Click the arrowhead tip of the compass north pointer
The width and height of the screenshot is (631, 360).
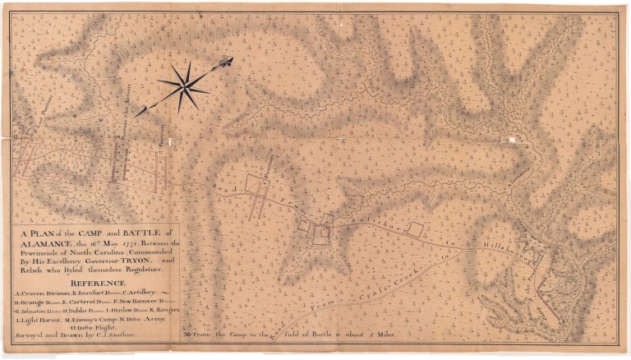(x=231, y=59)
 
